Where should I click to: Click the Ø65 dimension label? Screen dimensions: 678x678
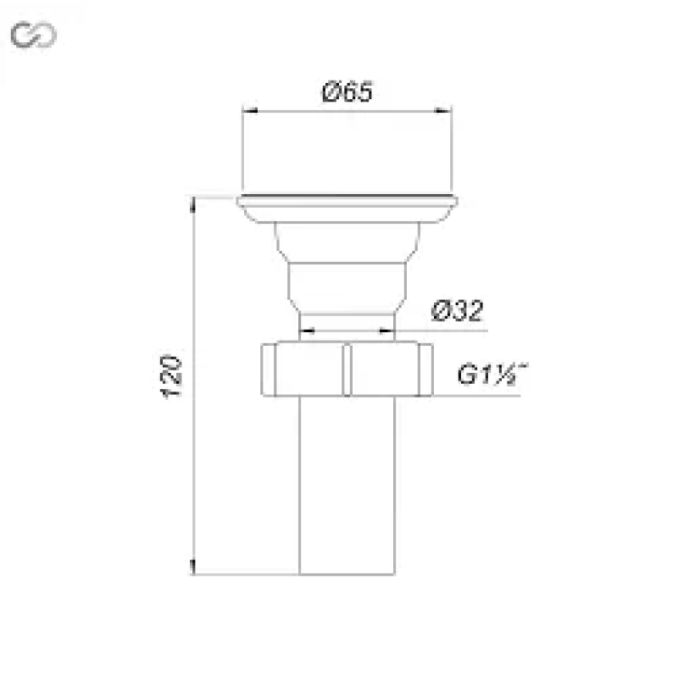(x=347, y=92)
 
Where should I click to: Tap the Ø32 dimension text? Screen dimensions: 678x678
(x=457, y=310)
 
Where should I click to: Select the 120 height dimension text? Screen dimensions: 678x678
(x=171, y=376)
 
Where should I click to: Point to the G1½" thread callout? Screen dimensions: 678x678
(x=492, y=374)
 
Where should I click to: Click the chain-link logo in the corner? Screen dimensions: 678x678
(x=33, y=34)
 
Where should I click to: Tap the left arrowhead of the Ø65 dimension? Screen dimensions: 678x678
(x=250, y=111)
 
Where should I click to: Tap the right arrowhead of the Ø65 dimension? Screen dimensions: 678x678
(x=443, y=111)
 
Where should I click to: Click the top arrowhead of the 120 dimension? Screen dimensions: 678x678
(x=193, y=204)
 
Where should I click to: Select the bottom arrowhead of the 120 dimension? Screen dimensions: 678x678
(x=193, y=567)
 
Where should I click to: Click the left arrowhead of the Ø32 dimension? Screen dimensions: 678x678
(x=307, y=331)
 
